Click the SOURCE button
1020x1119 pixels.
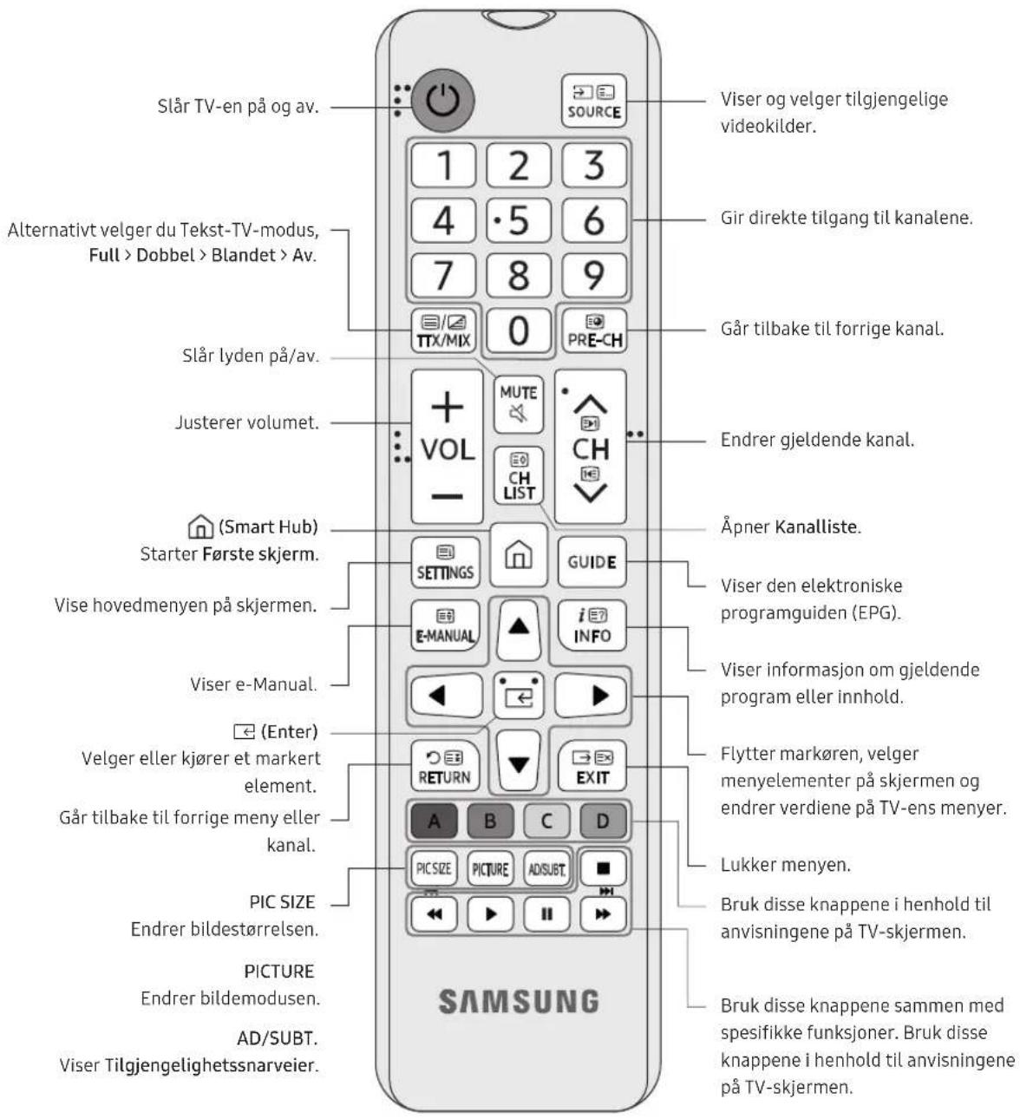pyautogui.click(x=593, y=101)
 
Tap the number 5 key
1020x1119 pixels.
pyautogui.click(x=519, y=219)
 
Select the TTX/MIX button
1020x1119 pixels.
pyautogui.click(x=443, y=330)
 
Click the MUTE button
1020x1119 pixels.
pyautogui.click(x=519, y=404)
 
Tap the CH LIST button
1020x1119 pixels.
pyautogui.click(x=519, y=476)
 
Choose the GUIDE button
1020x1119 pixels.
pyautogui.click(x=592, y=562)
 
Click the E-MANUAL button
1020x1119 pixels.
pyautogui.click(x=445, y=626)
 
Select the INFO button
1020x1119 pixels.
pyautogui.click(x=592, y=626)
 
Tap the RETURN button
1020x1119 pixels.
pyautogui.click(x=445, y=766)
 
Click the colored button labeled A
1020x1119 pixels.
pyautogui.click(x=435, y=821)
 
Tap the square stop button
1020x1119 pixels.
pyautogui.click(x=603, y=868)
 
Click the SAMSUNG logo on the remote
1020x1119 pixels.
pyautogui.click(x=519, y=1001)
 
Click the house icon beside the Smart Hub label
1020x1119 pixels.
pyautogui.click(x=200, y=527)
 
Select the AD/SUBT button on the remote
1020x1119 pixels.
pyautogui.click(x=546, y=868)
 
